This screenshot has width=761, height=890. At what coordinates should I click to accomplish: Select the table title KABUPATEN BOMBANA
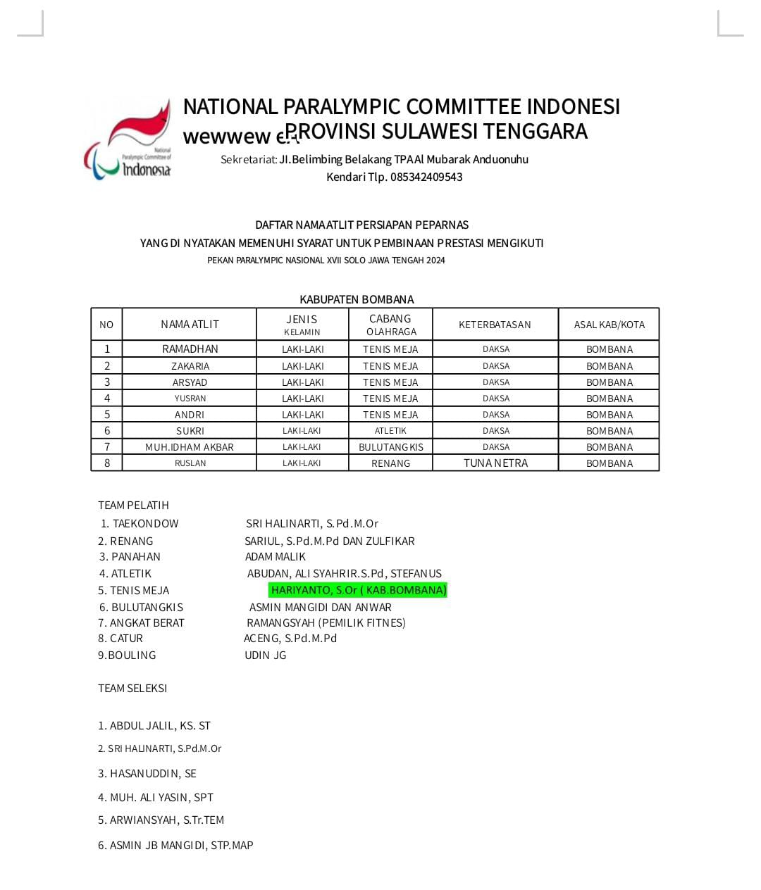coord(357,299)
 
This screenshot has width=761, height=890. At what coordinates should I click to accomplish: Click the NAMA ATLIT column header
coord(190,325)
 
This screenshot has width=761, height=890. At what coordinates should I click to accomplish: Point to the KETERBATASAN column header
coord(495,325)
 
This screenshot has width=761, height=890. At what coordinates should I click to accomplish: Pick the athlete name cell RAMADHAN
coord(190,349)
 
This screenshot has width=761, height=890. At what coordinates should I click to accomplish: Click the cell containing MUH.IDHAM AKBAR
coord(190,447)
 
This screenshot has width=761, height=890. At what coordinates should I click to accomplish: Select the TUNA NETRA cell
coord(495,463)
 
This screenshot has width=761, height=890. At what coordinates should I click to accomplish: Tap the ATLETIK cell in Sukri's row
coord(390,431)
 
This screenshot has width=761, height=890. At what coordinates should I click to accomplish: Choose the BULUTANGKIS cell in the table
coord(390,447)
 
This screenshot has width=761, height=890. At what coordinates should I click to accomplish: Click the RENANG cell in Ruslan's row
coord(390,463)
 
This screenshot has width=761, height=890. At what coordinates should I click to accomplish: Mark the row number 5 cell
coord(107,415)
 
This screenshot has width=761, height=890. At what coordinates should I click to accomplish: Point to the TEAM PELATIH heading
coord(133,506)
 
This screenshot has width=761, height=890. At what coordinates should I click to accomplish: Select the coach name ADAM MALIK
coord(276,557)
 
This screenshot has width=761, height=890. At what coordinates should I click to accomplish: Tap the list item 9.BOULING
coord(127,656)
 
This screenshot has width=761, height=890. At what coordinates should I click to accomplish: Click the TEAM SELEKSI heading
coord(132,689)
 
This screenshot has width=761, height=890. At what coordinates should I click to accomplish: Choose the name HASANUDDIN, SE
coord(147,774)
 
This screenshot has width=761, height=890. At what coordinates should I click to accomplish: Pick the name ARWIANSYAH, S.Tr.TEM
coord(161,820)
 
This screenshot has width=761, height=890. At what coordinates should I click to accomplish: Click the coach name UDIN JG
coord(266,656)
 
